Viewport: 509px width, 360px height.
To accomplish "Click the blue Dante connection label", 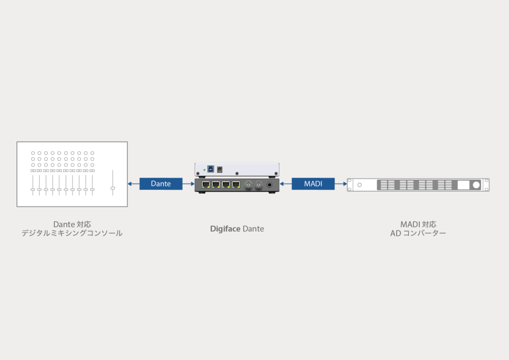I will (161, 184).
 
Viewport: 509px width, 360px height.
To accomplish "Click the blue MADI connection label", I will (313, 184).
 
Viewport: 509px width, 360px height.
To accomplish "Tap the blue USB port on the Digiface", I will (210, 169).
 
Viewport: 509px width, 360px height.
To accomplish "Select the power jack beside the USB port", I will (220, 169).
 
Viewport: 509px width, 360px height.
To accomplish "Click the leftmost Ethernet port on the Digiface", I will (205, 184).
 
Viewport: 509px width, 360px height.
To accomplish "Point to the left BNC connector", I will (248, 185).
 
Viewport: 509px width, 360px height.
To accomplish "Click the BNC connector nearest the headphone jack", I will (258, 185).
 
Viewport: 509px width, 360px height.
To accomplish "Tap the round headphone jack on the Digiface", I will (270, 185).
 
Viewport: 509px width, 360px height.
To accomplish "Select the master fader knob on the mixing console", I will (113, 188).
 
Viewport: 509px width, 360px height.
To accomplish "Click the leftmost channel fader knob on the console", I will (33, 189).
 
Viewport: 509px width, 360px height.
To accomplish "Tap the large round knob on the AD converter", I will (476, 185).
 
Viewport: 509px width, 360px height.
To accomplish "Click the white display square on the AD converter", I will (463, 185).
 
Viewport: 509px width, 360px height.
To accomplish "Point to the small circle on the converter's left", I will (360, 185).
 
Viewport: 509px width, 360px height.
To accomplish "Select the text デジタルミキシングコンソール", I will (72, 233).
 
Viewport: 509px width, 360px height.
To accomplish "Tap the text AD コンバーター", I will (418, 233).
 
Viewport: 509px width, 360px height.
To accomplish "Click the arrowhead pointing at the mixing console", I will (130, 184).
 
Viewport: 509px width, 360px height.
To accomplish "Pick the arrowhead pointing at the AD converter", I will (344, 184).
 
